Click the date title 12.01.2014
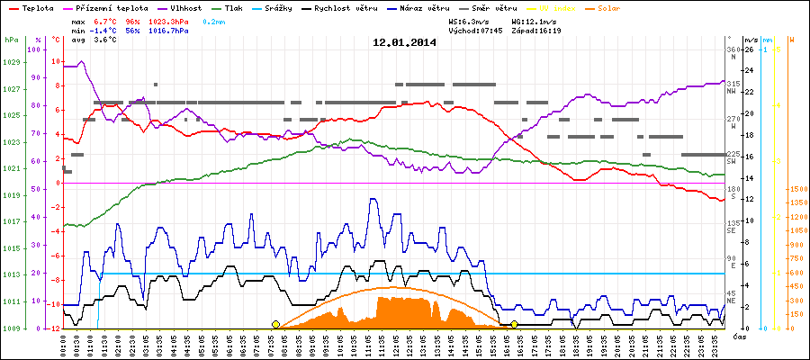pos(404,41)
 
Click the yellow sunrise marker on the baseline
pos(275,324)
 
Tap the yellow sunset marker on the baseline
pos(514,324)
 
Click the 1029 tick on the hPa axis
pos(11,62)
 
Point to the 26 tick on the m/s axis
pos(744,49)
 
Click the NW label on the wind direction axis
pos(732,91)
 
